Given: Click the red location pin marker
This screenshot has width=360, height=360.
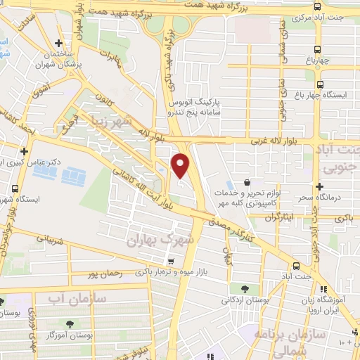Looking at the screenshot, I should tap(181, 165).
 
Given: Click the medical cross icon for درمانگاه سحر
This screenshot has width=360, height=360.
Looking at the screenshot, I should tap(320, 186).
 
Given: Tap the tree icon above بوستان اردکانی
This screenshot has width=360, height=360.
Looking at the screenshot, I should tap(243, 288).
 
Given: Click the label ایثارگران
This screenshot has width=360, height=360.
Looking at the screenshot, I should tap(281, 217).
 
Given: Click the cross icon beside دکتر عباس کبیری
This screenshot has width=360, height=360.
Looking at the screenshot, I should tap(25, 151).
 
